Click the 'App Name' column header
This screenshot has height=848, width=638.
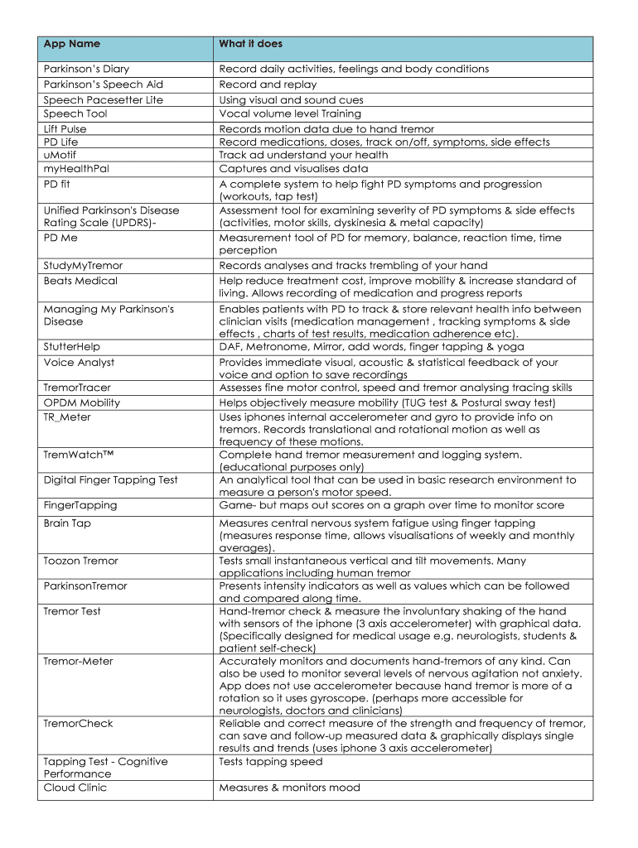click(x=72, y=44)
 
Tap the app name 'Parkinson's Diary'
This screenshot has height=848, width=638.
click(x=86, y=69)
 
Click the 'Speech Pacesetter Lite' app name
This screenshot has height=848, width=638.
click(x=103, y=99)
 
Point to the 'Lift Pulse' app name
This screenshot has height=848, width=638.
click(x=65, y=129)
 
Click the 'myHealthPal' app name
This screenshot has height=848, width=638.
click(x=76, y=168)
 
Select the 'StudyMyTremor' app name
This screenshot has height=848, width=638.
click(x=83, y=266)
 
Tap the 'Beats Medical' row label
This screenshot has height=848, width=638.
click(x=80, y=281)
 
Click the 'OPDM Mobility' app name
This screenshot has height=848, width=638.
click(x=81, y=402)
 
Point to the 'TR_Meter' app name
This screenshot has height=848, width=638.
click(x=67, y=417)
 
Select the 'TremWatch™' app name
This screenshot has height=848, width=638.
click(x=77, y=455)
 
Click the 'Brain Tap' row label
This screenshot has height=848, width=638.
click(x=67, y=523)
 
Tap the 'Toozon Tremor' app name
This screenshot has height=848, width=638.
click(x=81, y=561)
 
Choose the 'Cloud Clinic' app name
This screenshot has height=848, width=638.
click(x=75, y=788)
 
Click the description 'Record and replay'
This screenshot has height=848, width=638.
click(x=268, y=84)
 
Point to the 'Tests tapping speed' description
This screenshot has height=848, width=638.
click(x=271, y=762)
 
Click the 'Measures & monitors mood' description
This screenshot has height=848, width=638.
click(x=289, y=788)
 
